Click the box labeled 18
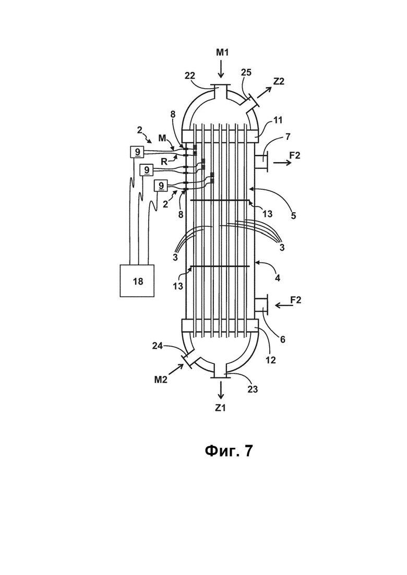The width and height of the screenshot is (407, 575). (137, 280)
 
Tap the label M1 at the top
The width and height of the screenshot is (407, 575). (222, 53)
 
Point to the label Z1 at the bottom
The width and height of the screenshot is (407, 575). (220, 408)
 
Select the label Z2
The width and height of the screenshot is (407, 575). (279, 81)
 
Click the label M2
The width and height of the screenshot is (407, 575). (160, 380)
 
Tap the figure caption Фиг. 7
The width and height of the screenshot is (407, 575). (229, 451)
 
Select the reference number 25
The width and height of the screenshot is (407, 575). (246, 72)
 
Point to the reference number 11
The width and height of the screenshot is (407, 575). (278, 119)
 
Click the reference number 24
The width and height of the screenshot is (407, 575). (158, 346)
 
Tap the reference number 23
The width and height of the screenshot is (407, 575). (253, 389)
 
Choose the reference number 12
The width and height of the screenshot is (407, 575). (270, 360)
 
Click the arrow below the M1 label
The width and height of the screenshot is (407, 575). (221, 69)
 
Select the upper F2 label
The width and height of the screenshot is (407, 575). (295, 155)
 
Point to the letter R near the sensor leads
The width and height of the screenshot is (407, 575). (164, 162)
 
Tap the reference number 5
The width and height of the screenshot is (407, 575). (293, 216)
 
